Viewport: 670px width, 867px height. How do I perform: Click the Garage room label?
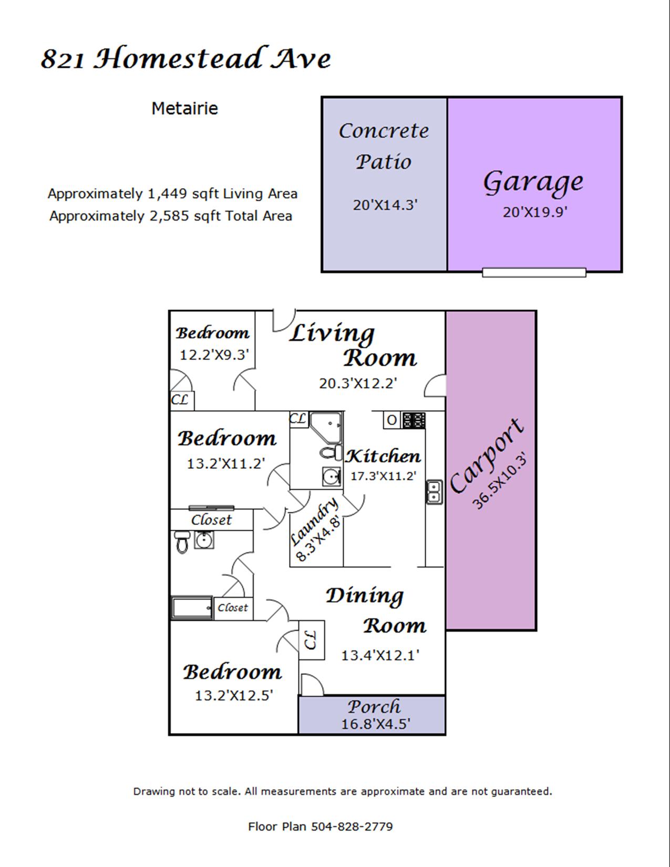click(x=533, y=183)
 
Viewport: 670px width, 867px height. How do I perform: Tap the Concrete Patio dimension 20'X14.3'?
click(x=385, y=205)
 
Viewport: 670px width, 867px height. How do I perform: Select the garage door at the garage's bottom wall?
click(x=534, y=273)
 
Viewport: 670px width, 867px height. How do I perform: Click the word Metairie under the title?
click(x=185, y=109)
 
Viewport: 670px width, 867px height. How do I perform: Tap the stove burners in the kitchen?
click(x=414, y=420)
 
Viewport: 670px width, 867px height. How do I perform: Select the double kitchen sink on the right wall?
click(x=434, y=491)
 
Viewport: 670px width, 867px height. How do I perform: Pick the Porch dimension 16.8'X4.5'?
click(x=376, y=724)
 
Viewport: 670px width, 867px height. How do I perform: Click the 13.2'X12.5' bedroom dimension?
click(x=234, y=696)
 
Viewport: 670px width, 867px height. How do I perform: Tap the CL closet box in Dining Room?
click(x=312, y=640)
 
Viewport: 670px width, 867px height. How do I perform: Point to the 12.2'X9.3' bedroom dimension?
click(x=215, y=355)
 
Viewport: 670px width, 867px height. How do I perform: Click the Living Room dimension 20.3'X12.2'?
click(x=358, y=384)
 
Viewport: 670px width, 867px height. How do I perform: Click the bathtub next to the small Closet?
click(x=192, y=607)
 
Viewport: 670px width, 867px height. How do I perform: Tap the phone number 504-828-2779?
click(x=352, y=827)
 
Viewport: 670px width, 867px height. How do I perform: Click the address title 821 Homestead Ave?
click(x=187, y=59)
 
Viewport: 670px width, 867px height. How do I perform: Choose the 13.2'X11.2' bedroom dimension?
click(x=226, y=463)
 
